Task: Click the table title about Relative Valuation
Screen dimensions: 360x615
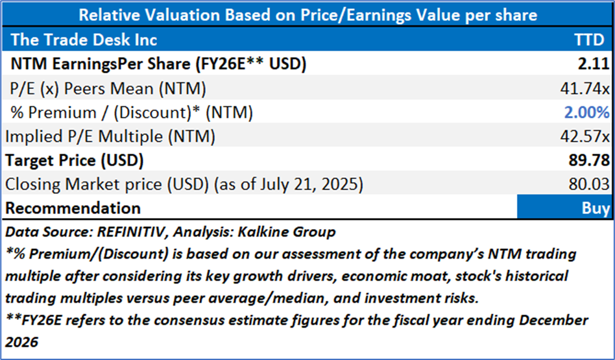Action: point(307,14)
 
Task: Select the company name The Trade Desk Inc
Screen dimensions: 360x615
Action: point(84,40)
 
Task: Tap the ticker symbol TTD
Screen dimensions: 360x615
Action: point(592,40)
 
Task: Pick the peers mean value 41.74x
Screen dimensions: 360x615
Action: point(588,88)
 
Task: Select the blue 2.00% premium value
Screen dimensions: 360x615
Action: point(588,112)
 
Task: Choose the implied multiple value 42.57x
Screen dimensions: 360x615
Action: point(588,136)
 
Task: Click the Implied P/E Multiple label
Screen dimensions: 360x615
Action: point(110,136)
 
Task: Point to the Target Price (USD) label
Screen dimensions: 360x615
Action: point(74,160)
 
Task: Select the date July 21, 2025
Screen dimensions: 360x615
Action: point(305,184)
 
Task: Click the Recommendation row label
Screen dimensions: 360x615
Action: point(73,208)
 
